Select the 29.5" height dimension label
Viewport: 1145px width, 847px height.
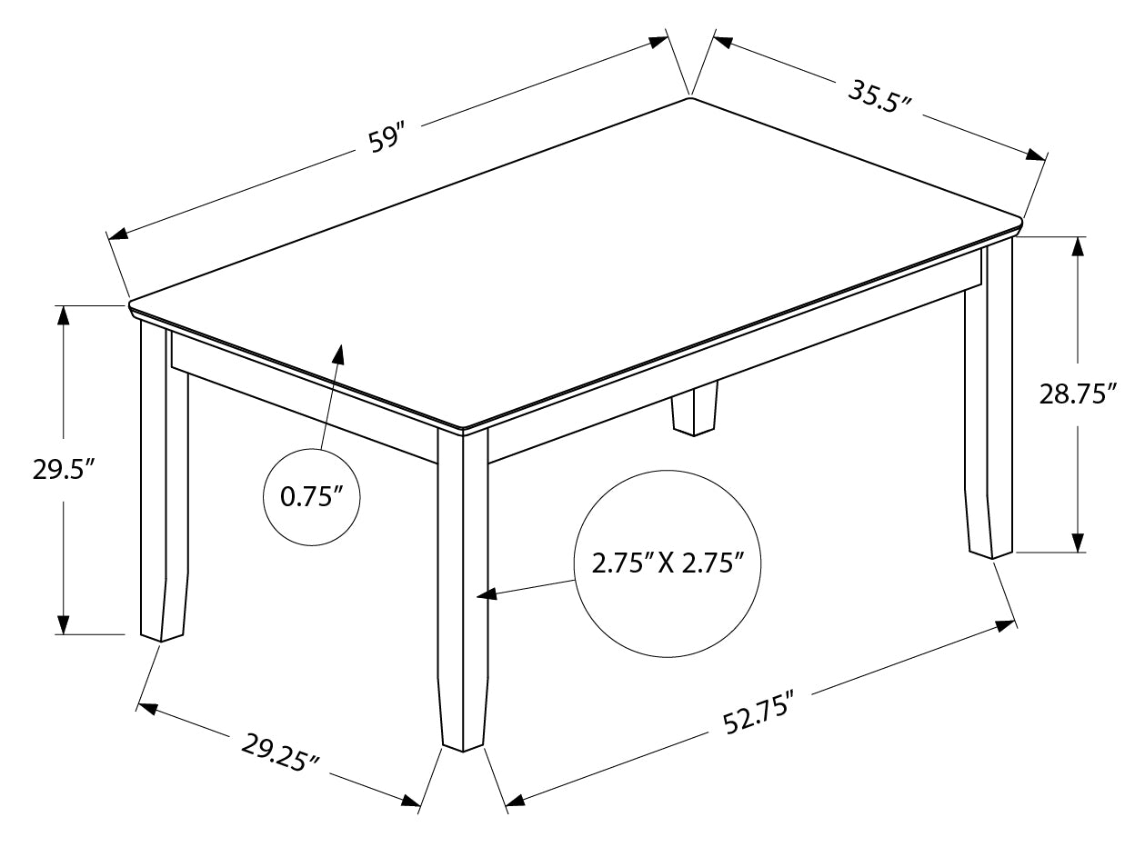64,470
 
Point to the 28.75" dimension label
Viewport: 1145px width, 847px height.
1078,394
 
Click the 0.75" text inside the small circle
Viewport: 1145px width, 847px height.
312,497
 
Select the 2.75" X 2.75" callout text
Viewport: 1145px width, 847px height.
668,563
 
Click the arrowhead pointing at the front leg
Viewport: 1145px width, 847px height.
487,594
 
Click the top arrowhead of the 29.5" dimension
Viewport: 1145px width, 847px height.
63,315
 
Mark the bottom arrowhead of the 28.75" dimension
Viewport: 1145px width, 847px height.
1078,542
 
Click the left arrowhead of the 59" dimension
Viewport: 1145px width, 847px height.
118,234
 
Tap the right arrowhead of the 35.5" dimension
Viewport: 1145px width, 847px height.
1037,154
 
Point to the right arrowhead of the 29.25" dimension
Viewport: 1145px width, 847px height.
411,814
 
